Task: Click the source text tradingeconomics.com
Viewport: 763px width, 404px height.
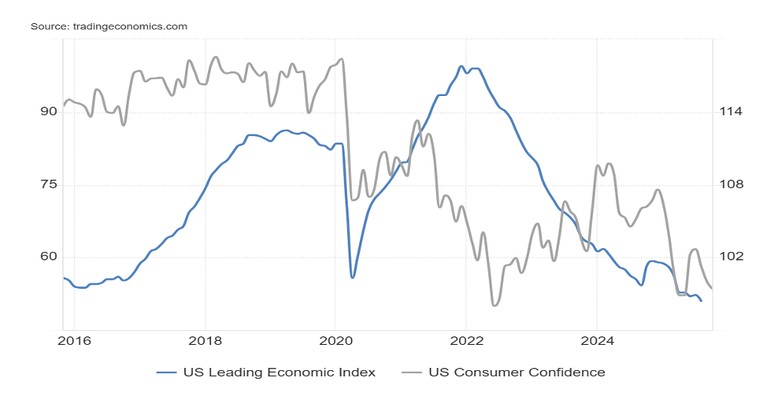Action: pyautogui.click(x=108, y=26)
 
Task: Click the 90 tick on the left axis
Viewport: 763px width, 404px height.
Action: pyautogui.click(x=48, y=112)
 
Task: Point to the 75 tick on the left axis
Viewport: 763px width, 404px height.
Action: pyautogui.click(x=48, y=185)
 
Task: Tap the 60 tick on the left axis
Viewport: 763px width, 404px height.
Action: pyautogui.click(x=48, y=257)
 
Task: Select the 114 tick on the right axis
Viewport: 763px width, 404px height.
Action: pyautogui.click(x=731, y=112)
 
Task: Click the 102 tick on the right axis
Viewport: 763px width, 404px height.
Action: pyautogui.click(x=731, y=257)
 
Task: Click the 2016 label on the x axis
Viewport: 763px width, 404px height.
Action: pyautogui.click(x=74, y=340)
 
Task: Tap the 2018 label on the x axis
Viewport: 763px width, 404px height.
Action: pyautogui.click(x=205, y=340)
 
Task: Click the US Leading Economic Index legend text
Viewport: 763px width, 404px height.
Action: pyautogui.click(x=279, y=373)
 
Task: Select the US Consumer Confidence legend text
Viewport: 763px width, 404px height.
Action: pyautogui.click(x=517, y=373)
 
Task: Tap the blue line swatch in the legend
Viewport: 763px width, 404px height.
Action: pyautogui.click(x=167, y=373)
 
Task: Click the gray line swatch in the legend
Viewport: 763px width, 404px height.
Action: pyautogui.click(x=413, y=373)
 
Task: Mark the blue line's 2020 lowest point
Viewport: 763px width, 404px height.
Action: pyautogui.click(x=352, y=277)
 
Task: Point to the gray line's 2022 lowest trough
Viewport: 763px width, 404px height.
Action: pyautogui.click(x=494, y=305)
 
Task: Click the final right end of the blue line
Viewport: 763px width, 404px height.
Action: pyautogui.click(x=701, y=300)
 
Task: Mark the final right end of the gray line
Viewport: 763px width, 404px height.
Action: pyautogui.click(x=712, y=288)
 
